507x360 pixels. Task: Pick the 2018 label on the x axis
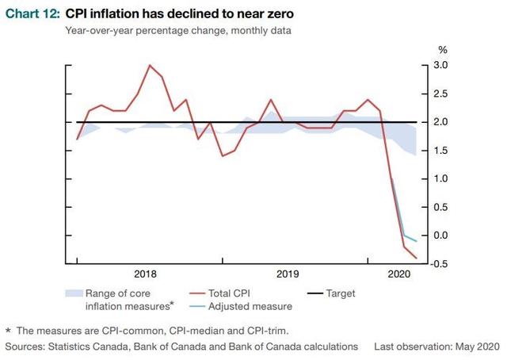145,274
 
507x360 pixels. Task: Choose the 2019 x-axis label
287,274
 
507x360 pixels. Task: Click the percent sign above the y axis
443,50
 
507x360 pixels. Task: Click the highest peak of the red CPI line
151,65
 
